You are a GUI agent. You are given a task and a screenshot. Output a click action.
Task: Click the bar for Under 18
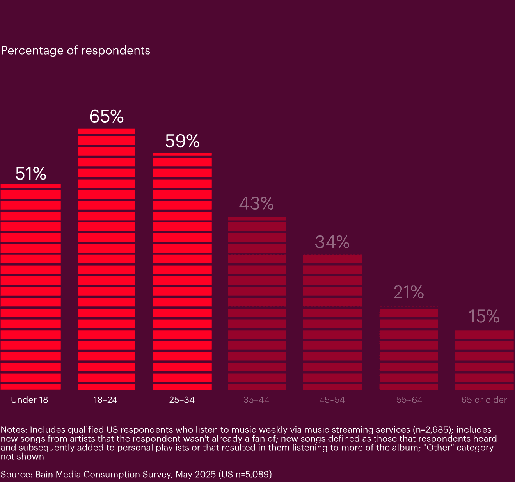coord(30,287)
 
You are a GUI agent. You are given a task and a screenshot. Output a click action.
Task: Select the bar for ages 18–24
coord(107,259)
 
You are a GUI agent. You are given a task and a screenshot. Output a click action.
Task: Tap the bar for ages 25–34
coord(183,271)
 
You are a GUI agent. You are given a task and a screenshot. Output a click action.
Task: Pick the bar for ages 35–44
coord(257,304)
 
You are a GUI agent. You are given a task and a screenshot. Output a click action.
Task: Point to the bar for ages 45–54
coord(332,322)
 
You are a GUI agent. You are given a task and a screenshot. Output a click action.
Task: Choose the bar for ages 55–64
coord(408,348)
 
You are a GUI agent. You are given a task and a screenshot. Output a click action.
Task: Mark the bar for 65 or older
coord(484,360)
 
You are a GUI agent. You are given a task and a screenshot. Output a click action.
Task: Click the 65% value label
coord(107,116)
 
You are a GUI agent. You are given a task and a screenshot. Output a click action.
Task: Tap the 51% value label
coord(31,174)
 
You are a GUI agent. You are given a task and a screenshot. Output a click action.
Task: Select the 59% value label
coord(182,141)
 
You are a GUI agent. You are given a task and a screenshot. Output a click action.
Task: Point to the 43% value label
coord(257,203)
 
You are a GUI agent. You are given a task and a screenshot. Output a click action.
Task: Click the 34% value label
coord(332,242)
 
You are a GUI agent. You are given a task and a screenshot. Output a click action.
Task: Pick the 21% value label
coord(408,292)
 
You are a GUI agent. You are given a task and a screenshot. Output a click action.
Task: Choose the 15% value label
coord(484,317)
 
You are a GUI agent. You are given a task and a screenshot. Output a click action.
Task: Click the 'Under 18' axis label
coord(30,400)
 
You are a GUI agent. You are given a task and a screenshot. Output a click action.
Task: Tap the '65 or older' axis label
coord(484,400)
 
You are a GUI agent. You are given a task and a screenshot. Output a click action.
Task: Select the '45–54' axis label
coord(332,400)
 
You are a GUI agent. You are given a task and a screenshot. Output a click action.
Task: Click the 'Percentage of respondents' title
coord(76,51)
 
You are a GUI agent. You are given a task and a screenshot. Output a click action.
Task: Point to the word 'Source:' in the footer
coord(16,474)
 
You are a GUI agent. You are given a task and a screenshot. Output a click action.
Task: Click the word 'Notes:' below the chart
coord(14,430)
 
